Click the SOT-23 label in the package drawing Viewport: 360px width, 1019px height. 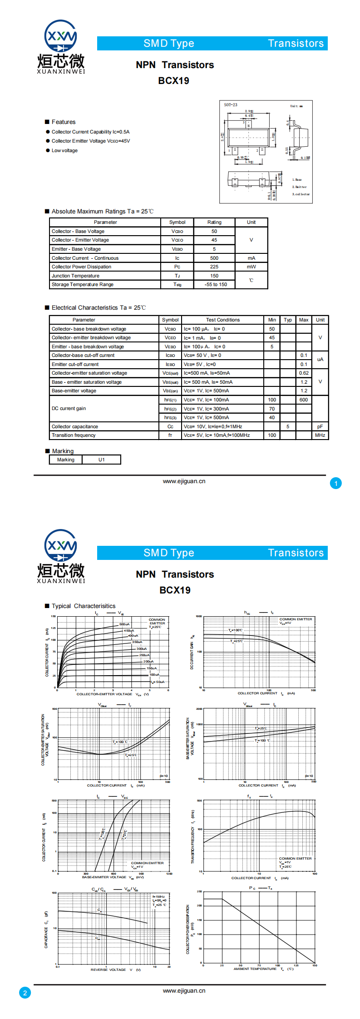click(231, 105)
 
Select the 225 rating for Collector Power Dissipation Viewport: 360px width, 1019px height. click(214, 267)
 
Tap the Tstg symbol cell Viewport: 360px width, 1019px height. click(177, 285)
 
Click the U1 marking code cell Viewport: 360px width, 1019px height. click(101, 460)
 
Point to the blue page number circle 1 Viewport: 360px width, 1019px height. click(336, 484)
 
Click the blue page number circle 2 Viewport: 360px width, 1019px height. click(25, 993)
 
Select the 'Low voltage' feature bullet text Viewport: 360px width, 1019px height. click(64, 151)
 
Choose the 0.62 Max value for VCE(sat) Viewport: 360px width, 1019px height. click(304, 373)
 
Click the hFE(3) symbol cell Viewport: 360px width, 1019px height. click(170, 418)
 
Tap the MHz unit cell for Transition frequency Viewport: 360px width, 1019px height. click(320, 435)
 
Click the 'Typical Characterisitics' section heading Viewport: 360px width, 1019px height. click(84, 606)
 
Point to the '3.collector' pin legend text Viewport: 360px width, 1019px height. click(301, 194)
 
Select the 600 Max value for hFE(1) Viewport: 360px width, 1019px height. click(304, 400)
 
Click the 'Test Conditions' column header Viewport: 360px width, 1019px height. click(222, 320)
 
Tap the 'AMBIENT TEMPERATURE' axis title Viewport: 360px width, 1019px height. click(255, 969)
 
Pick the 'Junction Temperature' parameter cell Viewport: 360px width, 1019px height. click(75, 276)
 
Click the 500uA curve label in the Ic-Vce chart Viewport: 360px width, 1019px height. click(124, 624)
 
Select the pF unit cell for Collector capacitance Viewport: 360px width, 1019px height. click(320, 427)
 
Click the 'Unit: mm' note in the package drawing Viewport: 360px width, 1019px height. click(296, 106)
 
